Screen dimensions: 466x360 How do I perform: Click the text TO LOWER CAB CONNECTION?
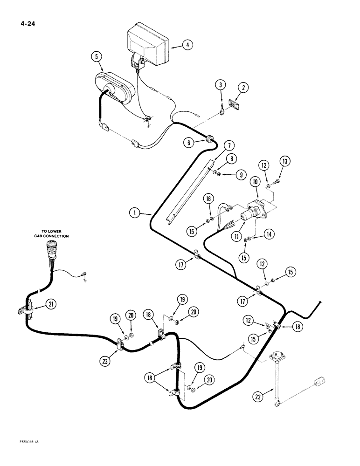tap(51, 233)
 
